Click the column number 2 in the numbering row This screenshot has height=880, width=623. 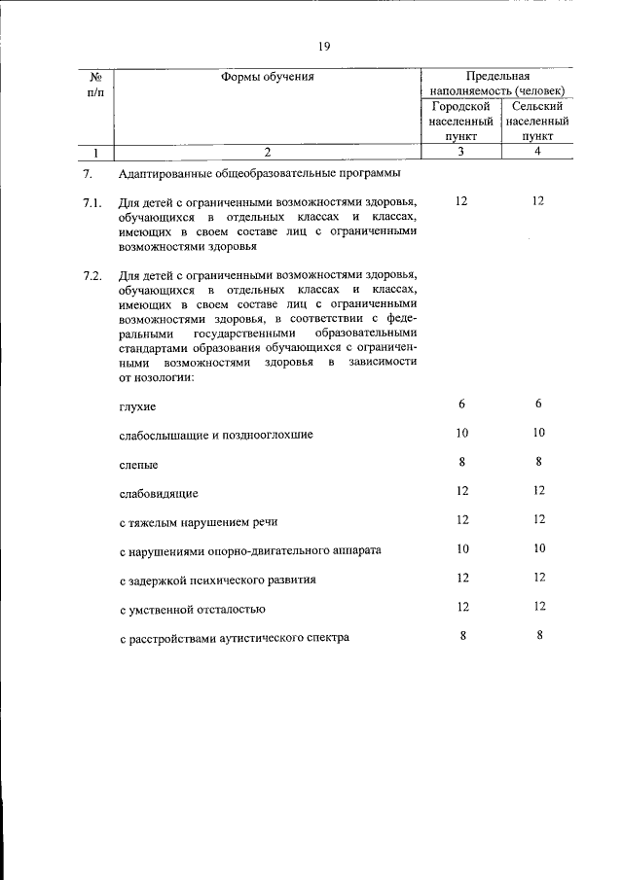coord(268,152)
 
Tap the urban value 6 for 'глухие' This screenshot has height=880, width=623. coord(461,404)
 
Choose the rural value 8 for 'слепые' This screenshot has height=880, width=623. coord(537,462)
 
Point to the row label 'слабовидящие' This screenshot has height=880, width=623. coord(158,493)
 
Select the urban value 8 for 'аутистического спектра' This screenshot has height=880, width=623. coord(461,636)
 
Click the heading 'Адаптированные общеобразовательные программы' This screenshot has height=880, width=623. coord(259,175)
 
